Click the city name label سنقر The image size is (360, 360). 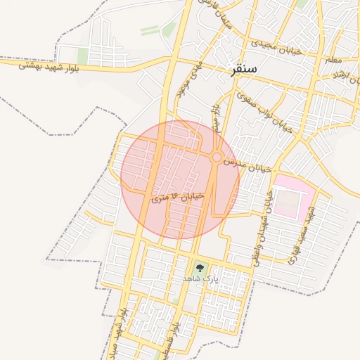(x=243, y=69)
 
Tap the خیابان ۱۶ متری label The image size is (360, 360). (x=178, y=197)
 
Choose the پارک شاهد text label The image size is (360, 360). (x=201, y=279)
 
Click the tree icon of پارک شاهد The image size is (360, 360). (x=200, y=267)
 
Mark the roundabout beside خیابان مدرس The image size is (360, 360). (x=218, y=157)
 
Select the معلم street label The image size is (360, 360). (x=335, y=61)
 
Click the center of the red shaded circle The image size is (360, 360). (x=180, y=180)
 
